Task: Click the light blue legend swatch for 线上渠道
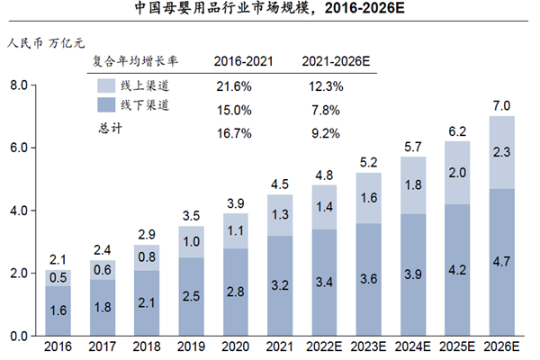coord(105,86)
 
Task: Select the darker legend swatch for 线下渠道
coord(105,106)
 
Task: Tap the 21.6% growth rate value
coord(233,86)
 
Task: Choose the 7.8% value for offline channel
coord(324,111)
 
